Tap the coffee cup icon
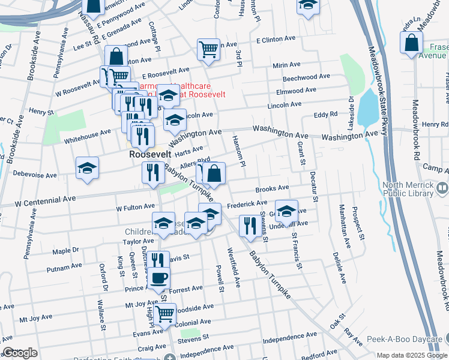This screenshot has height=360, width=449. [160, 278]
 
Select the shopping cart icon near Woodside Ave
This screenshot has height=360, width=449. [164, 313]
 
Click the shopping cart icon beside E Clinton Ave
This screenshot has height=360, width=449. [208, 49]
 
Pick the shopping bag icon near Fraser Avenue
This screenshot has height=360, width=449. [411, 43]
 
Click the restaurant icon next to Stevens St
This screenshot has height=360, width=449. [249, 225]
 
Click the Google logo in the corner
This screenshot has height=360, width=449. [20, 353]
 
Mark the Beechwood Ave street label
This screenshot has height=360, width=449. [306, 77]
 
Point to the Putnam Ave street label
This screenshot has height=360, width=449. [64, 266]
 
